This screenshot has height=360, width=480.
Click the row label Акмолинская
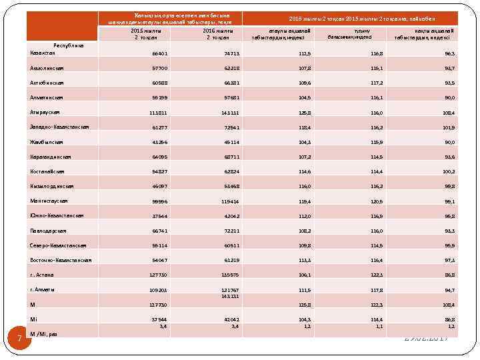coord(47,68)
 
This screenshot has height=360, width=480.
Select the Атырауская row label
coord(45,112)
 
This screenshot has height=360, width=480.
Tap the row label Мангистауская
coord(49,201)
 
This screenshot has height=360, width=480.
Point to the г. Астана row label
coord(42,275)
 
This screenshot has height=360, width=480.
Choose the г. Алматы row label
coord(42,289)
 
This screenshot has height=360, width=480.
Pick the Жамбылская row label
coord(45,141)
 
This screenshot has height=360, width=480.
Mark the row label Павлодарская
coord(48,230)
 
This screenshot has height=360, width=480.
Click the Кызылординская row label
coord(51,186)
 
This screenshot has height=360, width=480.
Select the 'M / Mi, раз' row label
coord(43,333)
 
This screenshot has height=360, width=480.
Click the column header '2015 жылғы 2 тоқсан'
coord(145,34)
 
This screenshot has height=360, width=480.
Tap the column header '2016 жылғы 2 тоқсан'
coord(218,34)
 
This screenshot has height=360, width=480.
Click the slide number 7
coord(19,339)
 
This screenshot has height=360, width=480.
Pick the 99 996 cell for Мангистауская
coord(158,201)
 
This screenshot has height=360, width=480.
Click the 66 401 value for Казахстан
coord(158,54)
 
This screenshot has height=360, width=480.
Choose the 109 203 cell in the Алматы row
coord(158,290)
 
